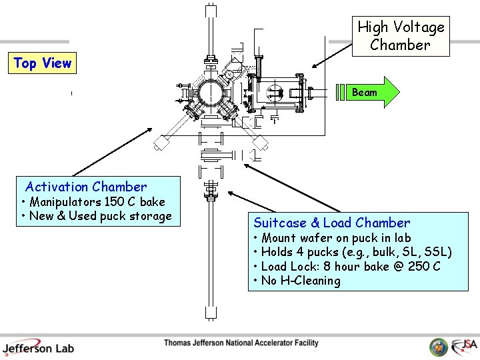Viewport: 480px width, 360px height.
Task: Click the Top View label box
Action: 42,63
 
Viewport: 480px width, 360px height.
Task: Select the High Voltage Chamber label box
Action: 401,36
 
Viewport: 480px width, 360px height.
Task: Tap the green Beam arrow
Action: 371,93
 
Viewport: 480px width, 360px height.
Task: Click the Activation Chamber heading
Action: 86,187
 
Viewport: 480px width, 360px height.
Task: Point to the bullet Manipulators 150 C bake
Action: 93,202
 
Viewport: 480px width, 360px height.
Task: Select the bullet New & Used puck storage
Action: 97,216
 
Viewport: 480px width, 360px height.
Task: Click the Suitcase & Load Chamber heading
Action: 331,223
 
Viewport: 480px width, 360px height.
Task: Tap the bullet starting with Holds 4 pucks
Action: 353,252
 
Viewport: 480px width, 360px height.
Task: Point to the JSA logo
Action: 464,346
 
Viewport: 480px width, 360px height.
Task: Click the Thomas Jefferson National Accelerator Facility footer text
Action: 241,343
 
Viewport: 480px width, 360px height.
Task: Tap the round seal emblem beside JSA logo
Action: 439,347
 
